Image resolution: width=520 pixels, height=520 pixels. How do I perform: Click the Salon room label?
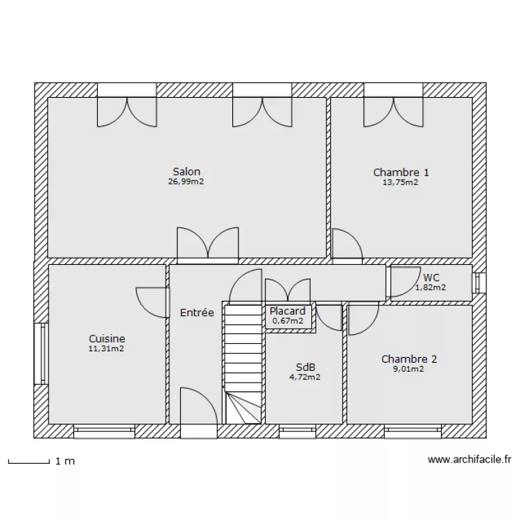187,172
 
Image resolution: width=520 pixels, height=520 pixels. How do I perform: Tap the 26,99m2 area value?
187,182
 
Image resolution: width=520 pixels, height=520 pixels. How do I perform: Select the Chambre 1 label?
401,173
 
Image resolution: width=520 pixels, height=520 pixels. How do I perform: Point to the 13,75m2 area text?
401,183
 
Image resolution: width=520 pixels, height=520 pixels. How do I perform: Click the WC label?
431,277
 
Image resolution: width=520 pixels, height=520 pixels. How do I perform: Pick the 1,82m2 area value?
431,287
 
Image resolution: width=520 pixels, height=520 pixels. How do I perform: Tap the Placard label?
288,311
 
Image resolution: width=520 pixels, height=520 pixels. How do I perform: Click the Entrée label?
197,313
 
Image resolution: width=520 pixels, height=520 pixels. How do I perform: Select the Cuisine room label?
107,338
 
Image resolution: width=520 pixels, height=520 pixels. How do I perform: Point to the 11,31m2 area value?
107,349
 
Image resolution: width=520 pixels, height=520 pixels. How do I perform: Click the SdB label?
304,367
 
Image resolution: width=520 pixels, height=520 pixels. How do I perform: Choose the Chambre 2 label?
409,359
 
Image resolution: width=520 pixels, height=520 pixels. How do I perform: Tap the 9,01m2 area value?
409,370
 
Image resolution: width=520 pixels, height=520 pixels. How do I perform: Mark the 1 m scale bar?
28,460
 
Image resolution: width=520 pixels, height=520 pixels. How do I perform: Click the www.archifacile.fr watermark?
469,459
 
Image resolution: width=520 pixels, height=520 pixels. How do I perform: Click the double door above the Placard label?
288,291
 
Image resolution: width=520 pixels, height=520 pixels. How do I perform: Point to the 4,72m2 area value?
304,378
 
